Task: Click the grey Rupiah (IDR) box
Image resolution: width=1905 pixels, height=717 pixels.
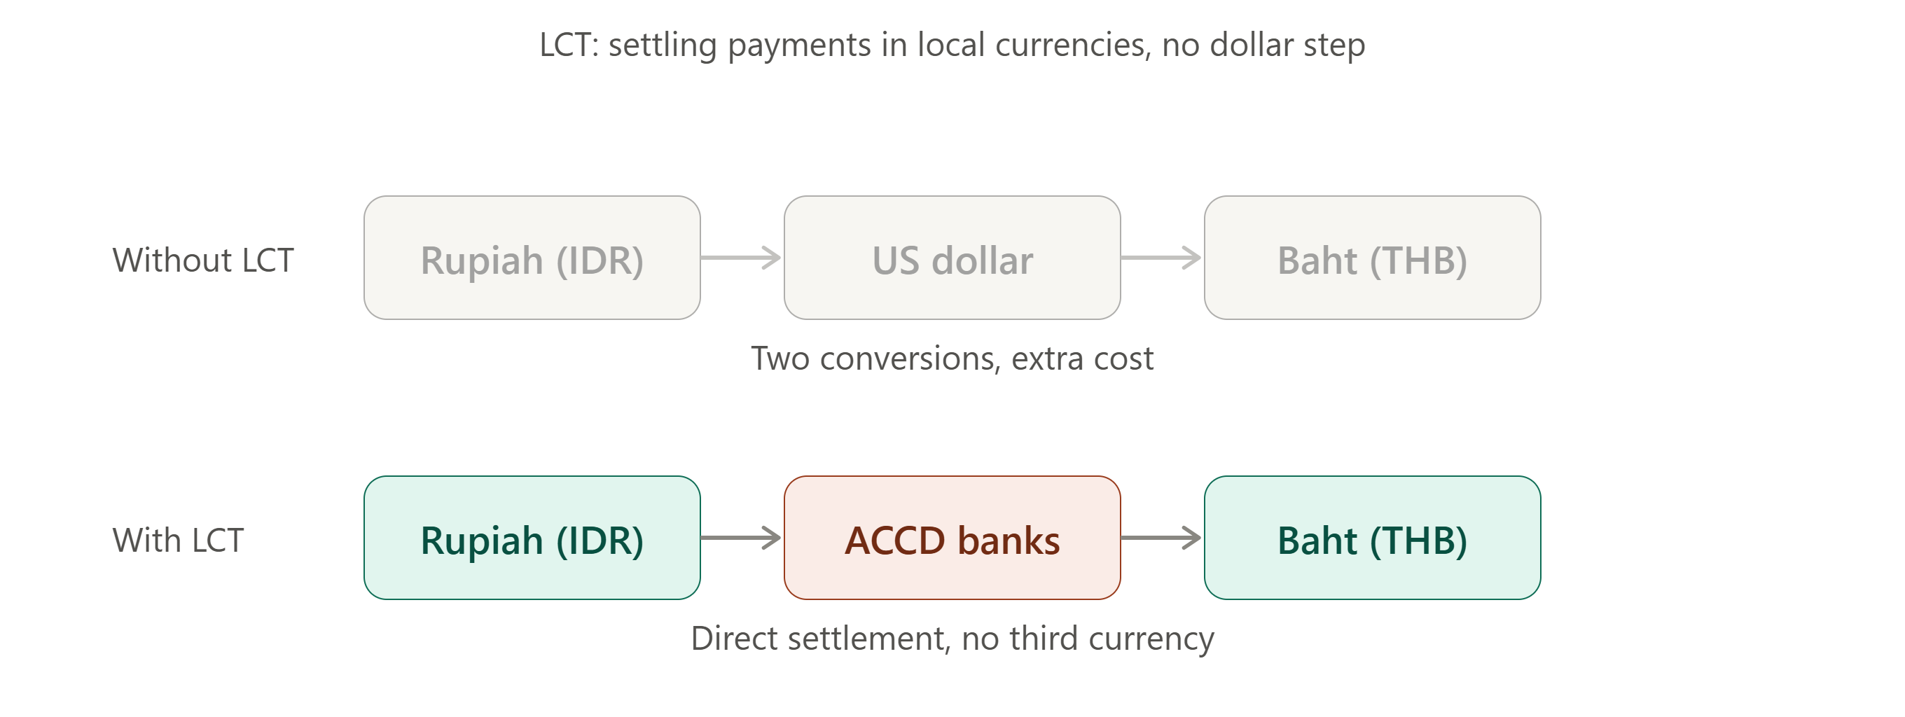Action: point(532,258)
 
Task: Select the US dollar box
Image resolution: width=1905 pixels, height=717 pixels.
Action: point(952,258)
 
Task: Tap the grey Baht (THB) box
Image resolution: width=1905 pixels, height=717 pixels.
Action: point(1372,258)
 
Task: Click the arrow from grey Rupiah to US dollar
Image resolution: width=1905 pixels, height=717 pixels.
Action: point(741,258)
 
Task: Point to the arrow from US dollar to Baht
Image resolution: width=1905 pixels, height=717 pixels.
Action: point(1161,258)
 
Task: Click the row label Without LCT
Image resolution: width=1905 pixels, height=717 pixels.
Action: point(203,260)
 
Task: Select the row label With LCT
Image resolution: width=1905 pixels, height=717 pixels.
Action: point(178,541)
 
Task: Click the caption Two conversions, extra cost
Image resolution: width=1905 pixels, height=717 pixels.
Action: point(952,358)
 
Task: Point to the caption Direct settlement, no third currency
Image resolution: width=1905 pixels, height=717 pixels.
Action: point(952,639)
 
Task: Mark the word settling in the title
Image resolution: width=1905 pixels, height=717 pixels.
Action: point(663,46)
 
